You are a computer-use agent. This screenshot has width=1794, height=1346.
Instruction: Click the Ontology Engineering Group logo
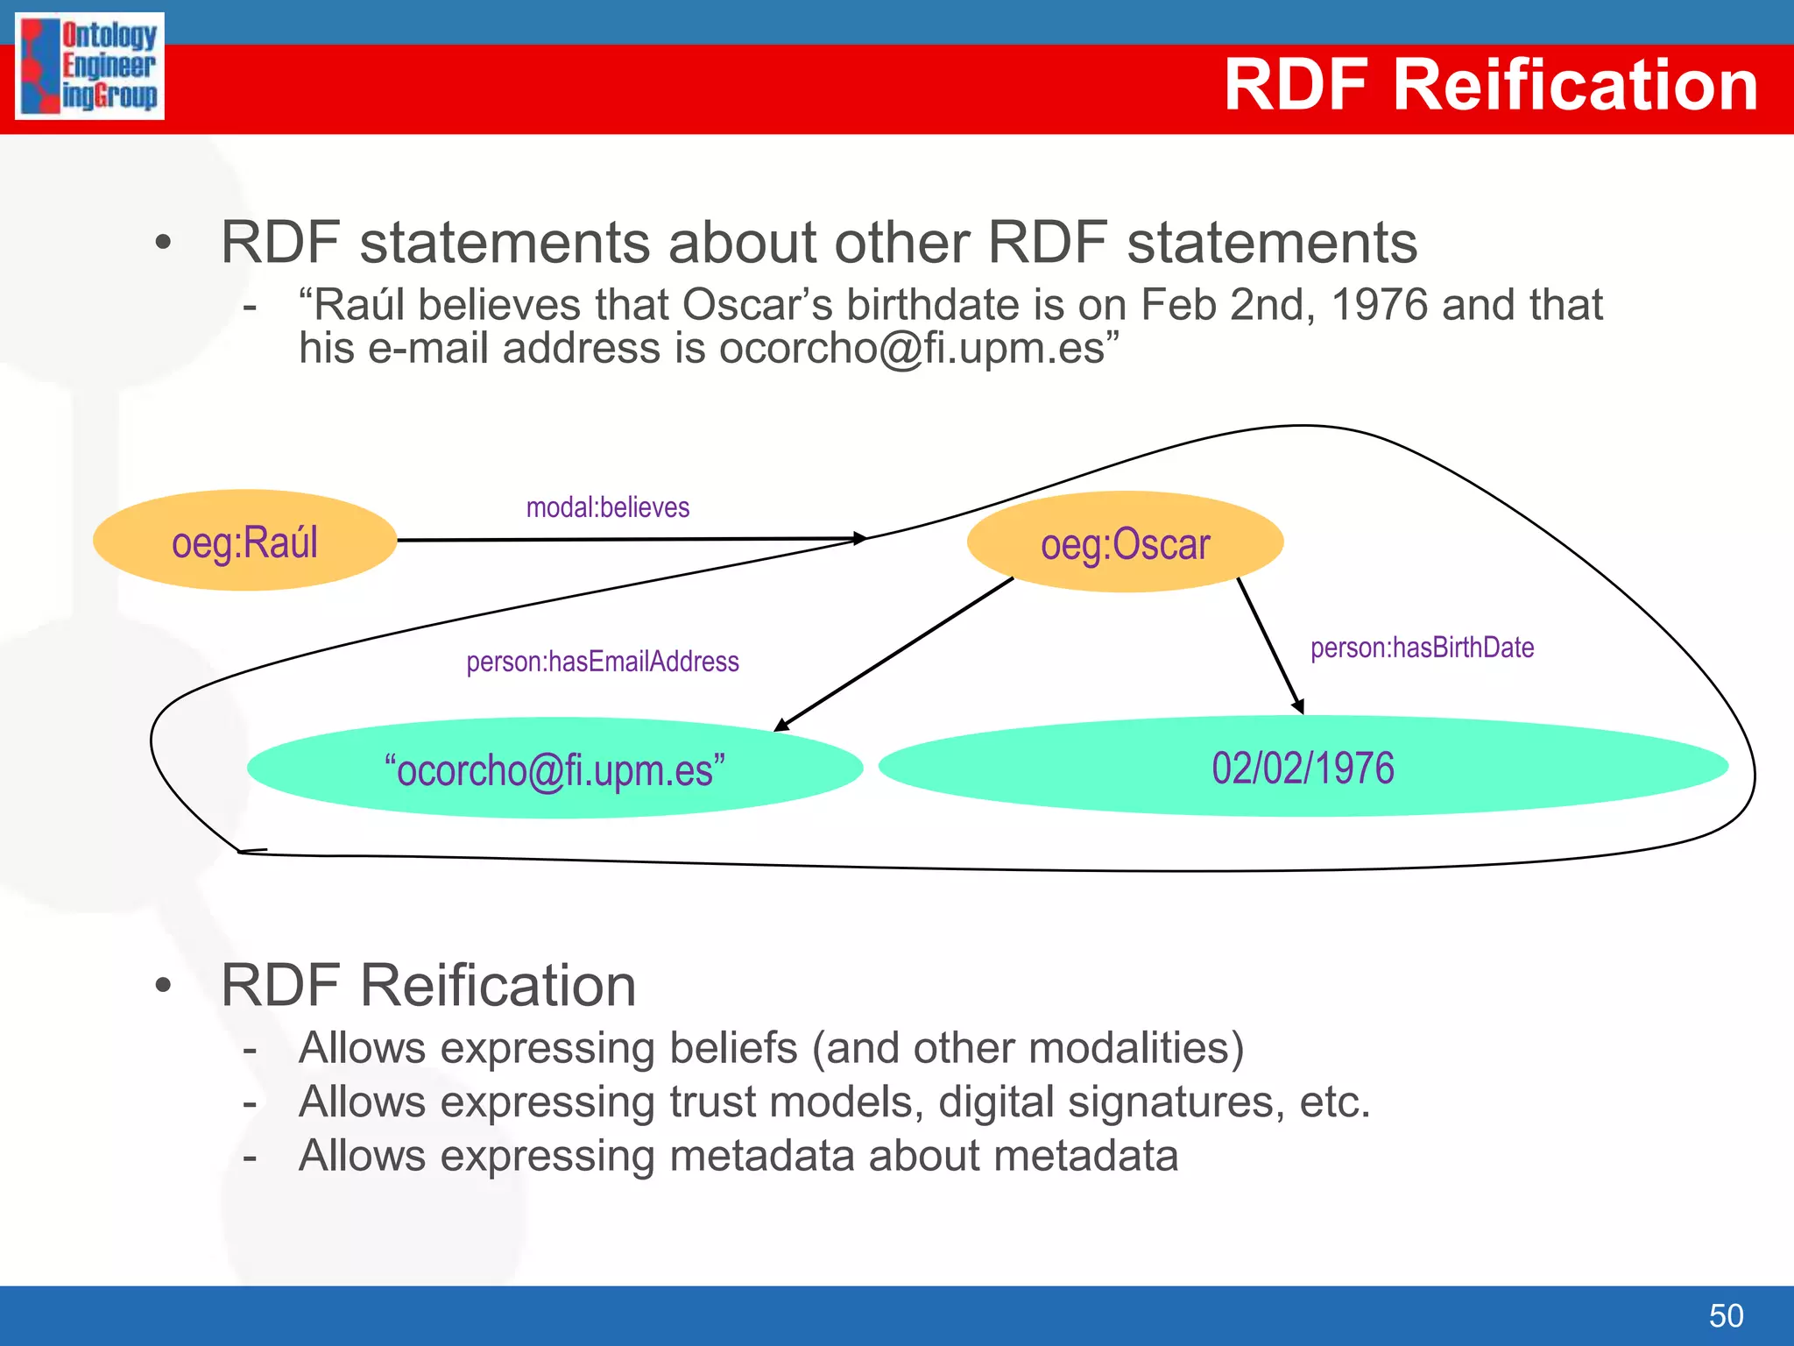(x=89, y=66)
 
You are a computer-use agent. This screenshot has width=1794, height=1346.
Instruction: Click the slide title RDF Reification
(x=1490, y=85)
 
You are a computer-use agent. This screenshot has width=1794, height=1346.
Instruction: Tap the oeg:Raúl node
(x=244, y=541)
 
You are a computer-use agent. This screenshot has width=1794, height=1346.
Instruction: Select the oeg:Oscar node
(x=1125, y=542)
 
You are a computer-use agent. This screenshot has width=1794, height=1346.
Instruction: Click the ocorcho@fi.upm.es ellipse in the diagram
(x=554, y=769)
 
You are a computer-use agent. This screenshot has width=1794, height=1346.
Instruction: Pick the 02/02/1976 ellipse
(x=1303, y=767)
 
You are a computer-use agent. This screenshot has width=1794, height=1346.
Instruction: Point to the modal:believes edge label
(x=607, y=507)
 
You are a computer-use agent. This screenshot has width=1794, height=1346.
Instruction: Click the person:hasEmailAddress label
(x=602, y=662)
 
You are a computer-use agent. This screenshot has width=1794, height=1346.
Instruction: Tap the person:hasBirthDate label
(x=1422, y=648)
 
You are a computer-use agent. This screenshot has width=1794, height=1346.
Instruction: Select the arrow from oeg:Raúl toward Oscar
(x=631, y=539)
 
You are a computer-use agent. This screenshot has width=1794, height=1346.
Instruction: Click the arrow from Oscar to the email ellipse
(x=893, y=654)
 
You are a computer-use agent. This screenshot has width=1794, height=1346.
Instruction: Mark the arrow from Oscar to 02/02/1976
(x=1270, y=646)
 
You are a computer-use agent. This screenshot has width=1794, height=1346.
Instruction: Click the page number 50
(x=1726, y=1315)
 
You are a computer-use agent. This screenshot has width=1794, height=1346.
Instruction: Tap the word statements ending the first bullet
(x=1272, y=243)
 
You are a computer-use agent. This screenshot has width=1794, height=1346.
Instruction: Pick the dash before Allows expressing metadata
(x=251, y=1157)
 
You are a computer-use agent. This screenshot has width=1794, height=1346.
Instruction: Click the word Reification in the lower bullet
(x=498, y=986)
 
